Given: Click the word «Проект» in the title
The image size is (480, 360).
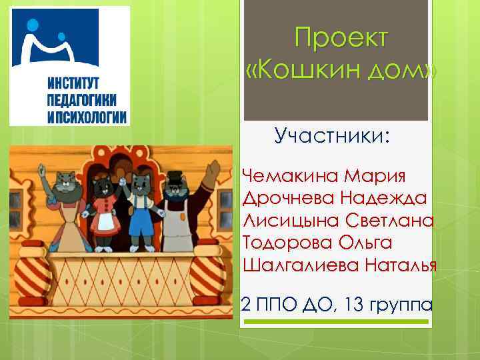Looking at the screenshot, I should [340, 39].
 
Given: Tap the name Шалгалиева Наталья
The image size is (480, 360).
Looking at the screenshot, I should [340, 265].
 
